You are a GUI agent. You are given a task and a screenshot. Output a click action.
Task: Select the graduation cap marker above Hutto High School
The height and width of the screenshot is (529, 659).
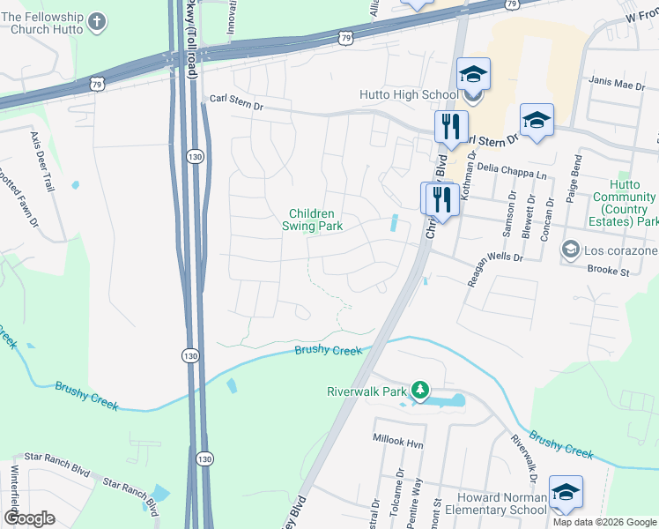(x=473, y=75)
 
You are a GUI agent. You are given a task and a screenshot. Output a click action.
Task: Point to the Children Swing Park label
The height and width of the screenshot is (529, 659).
(x=311, y=220)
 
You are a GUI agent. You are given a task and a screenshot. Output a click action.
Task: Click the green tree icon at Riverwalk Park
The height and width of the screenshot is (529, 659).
(x=421, y=390)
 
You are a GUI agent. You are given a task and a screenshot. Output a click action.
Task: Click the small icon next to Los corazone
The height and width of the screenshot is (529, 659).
(x=570, y=250)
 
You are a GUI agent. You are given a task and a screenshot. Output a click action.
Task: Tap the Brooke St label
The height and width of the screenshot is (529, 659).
(x=607, y=272)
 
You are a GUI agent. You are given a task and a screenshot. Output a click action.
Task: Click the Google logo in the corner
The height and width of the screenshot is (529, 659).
(x=29, y=518)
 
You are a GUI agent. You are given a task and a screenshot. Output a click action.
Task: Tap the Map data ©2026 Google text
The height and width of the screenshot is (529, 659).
(x=605, y=522)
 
